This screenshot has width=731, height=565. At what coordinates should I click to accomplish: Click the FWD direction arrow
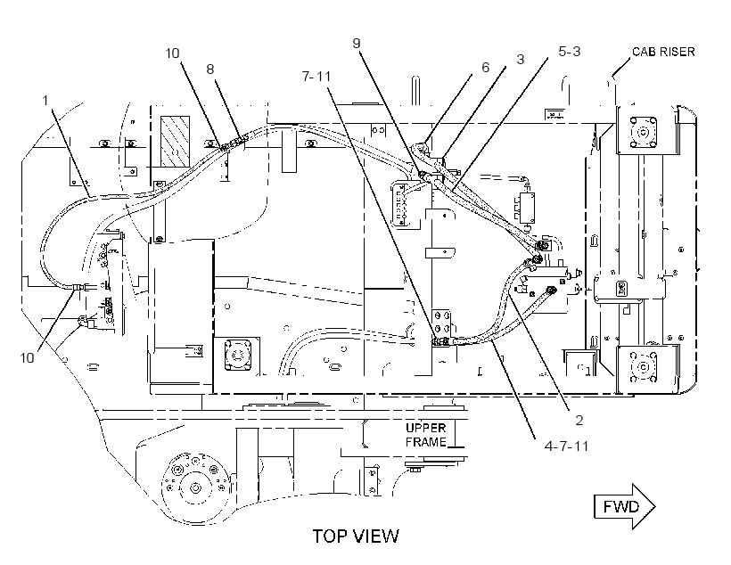(x=624, y=506)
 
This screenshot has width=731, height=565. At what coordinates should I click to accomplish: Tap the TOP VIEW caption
(x=356, y=536)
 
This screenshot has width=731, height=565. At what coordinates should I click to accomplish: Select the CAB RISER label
(x=663, y=52)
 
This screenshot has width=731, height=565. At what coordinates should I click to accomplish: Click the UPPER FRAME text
(x=425, y=435)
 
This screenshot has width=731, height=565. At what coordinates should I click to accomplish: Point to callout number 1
(x=45, y=101)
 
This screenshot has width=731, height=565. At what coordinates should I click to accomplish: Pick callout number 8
(x=210, y=69)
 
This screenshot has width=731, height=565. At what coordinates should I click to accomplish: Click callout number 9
(x=357, y=44)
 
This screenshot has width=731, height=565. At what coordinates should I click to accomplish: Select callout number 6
(x=485, y=68)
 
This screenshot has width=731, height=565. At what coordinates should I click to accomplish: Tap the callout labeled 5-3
(x=570, y=52)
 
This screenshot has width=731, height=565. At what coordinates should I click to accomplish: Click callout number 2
(x=579, y=421)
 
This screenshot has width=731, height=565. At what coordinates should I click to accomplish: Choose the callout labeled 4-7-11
(x=566, y=446)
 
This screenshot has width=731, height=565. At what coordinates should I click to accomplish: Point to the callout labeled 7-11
(x=316, y=76)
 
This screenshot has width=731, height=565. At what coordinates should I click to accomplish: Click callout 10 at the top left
(x=172, y=53)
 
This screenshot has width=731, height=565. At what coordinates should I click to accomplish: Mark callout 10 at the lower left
(x=27, y=357)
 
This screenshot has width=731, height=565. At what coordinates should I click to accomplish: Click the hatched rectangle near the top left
(x=176, y=141)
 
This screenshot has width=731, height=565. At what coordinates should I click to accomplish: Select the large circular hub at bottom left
(x=195, y=487)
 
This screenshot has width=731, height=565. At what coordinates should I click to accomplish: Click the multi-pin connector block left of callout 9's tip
(x=401, y=203)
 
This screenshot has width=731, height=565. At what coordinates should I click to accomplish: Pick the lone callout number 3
(x=521, y=59)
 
